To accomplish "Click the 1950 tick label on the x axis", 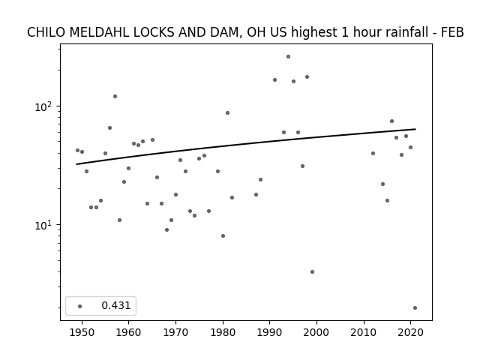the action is pos(82,332).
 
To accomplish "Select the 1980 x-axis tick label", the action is pos(223,332).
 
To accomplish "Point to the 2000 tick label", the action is pos(316,332).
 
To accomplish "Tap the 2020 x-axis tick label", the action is pos(411,332).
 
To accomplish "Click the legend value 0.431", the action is pos(116,305).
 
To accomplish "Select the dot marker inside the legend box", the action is pos(80,306).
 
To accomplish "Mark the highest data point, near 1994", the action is pos(288,57).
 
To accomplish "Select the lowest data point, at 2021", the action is pos(415,308).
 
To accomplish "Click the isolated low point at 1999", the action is pos(312,271).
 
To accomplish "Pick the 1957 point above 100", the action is pos(115,97).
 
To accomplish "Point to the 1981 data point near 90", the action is pos(227,113).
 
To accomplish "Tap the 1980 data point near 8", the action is pos(223,235).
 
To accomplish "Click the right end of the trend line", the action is pos(415,129).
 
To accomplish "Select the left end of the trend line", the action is pos(76,164).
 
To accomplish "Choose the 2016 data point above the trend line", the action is pos(391,121).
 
